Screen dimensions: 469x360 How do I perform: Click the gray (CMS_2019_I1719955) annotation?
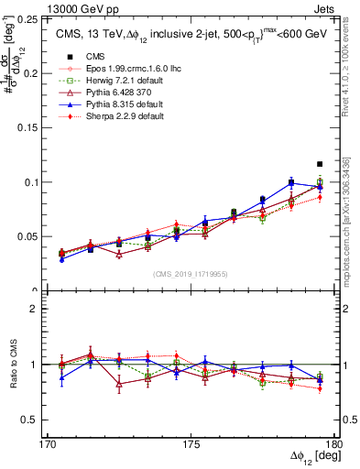point(191,273)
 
